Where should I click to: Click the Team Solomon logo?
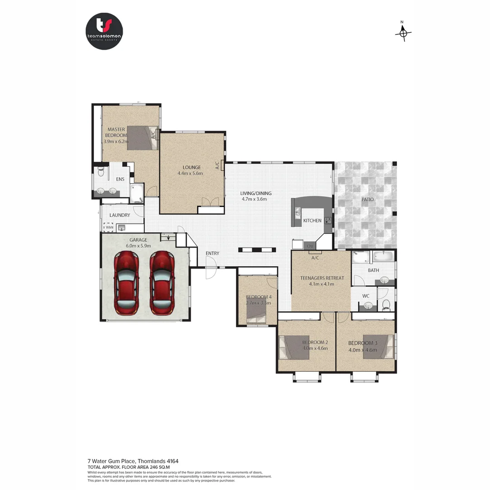point(104,31)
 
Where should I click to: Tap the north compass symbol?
point(403,32)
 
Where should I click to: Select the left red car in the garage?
point(127,283)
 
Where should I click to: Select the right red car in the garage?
point(162,283)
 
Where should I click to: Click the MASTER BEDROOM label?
point(116,132)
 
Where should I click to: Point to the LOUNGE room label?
point(191,167)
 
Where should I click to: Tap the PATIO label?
point(367,199)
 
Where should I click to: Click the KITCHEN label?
point(312,221)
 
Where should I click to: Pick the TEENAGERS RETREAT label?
point(322,278)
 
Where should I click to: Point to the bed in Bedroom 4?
point(256,312)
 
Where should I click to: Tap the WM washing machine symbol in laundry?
point(108,227)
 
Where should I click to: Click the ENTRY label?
point(212,253)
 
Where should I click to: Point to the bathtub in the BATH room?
point(384,257)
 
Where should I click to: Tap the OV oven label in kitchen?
point(311,246)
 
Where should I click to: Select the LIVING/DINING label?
point(256,193)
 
